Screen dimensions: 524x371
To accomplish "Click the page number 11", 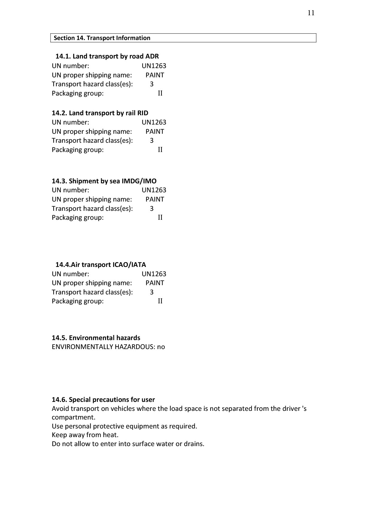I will point(311,13).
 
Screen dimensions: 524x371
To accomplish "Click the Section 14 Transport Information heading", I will point(102,38).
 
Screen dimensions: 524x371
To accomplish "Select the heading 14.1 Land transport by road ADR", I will point(107,56).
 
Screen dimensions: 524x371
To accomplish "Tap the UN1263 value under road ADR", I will point(154,66).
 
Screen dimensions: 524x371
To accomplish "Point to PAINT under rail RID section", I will point(155,131).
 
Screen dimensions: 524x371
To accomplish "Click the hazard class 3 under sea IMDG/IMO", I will point(152,208).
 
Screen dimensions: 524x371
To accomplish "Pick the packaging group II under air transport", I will point(160,301).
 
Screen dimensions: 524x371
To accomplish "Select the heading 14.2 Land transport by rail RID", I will point(100,113).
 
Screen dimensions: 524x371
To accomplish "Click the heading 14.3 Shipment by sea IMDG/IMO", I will point(104,181).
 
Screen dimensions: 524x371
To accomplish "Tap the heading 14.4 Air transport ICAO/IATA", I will point(101,265).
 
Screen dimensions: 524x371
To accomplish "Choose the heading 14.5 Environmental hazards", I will point(96,338).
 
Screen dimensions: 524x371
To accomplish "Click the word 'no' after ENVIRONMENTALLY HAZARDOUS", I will point(161,347).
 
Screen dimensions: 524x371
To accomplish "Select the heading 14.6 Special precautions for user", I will point(103,399).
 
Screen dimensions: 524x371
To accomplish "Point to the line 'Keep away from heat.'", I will point(85,435).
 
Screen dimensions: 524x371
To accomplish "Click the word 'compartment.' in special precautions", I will point(73,417).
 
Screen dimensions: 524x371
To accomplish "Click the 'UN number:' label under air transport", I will point(70,274).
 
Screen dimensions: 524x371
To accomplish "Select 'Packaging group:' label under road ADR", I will point(77,93).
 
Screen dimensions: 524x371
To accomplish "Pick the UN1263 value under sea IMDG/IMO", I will point(154,190).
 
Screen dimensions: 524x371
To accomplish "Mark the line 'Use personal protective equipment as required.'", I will point(124,426).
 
